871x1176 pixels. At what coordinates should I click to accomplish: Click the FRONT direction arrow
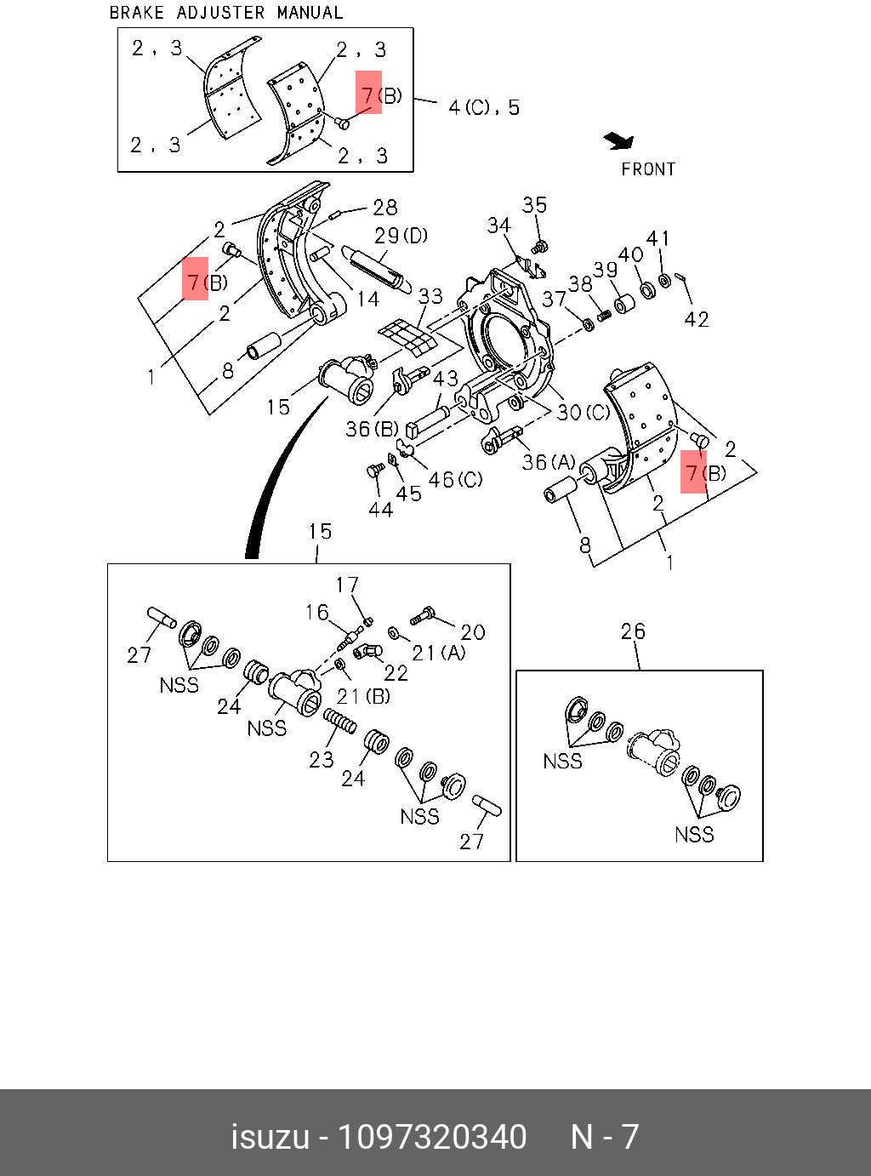(618, 141)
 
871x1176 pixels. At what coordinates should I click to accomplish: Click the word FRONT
(647, 169)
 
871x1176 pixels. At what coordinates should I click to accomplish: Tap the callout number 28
(384, 208)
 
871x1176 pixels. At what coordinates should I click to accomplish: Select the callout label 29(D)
(401, 236)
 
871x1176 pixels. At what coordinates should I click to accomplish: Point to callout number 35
(534, 205)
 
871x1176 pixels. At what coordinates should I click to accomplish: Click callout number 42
(696, 319)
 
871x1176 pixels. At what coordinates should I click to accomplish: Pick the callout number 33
(430, 296)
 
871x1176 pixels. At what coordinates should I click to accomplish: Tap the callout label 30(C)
(584, 413)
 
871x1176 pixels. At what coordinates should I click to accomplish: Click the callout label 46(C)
(455, 480)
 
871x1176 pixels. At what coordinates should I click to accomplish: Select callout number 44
(380, 510)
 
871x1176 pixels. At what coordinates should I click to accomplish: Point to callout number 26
(633, 631)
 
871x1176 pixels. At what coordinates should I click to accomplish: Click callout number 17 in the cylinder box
(347, 585)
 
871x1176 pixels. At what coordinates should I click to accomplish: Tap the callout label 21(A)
(439, 653)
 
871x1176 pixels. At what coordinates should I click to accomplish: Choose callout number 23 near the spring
(322, 759)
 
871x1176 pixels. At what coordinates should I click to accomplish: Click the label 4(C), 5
(483, 108)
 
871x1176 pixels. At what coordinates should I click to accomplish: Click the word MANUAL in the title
(310, 13)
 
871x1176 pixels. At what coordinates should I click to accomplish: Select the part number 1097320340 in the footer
(432, 1138)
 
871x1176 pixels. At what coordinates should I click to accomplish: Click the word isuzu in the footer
(270, 1138)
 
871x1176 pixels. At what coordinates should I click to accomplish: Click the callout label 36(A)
(549, 462)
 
